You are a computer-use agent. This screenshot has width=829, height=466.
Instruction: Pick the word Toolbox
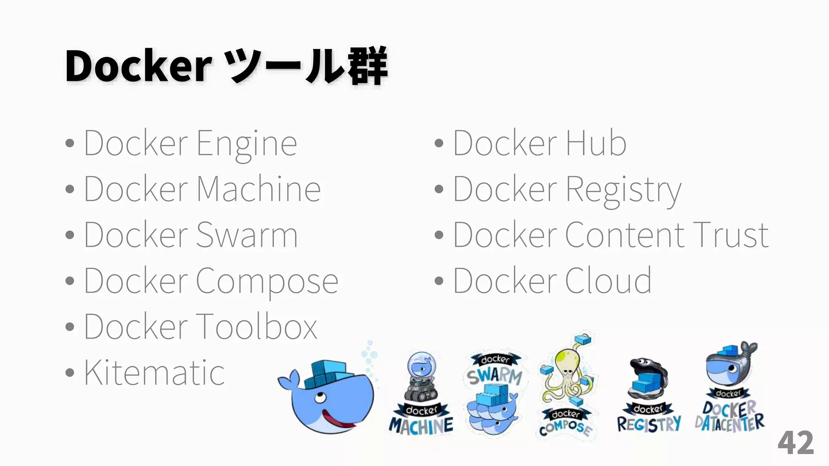(x=257, y=327)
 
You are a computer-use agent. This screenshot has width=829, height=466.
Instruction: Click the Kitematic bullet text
(x=154, y=373)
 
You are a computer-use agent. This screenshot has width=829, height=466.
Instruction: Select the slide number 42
(x=795, y=443)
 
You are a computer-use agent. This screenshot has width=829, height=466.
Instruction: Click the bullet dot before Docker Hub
(x=439, y=143)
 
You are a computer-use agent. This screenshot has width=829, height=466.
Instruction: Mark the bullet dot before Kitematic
(x=70, y=373)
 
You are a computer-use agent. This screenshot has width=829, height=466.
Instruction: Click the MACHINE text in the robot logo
(x=421, y=426)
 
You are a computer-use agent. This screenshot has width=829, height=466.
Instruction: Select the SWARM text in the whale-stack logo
(x=495, y=376)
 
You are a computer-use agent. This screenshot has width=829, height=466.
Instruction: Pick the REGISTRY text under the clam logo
(x=649, y=424)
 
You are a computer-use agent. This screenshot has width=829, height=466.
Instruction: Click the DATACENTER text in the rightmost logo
(x=729, y=423)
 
